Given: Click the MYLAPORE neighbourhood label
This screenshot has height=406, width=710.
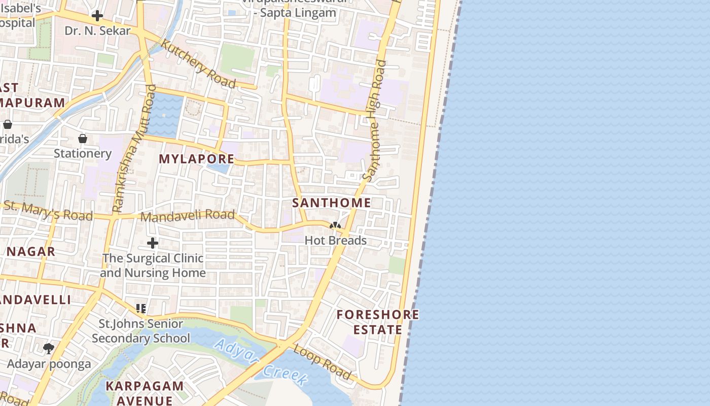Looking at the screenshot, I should click(x=197, y=159).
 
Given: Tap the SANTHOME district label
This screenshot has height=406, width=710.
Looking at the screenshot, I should click(x=332, y=203).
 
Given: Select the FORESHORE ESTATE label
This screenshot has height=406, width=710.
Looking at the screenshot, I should click(x=378, y=322).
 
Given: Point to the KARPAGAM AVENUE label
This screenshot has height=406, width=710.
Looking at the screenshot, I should click(x=145, y=393).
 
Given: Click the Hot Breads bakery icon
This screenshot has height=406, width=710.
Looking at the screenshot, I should click(x=335, y=225).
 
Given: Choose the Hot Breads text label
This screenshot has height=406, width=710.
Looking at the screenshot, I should click(x=335, y=241).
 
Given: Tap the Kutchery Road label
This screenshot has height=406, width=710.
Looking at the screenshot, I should click(x=198, y=63).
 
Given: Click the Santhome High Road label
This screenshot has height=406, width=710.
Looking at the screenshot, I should click(x=375, y=121).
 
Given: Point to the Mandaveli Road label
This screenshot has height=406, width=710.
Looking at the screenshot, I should click(x=188, y=216).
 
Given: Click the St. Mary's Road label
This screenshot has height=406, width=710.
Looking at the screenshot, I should click(x=48, y=211).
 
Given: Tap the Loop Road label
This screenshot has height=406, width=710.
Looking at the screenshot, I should click(x=322, y=362).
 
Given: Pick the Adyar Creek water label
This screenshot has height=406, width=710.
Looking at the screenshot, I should click(x=261, y=361).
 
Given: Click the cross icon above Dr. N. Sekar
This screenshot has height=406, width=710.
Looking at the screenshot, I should click(x=97, y=16).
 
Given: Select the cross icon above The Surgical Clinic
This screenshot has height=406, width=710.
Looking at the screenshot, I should click(x=152, y=244).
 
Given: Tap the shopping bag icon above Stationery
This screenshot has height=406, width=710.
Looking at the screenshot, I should click(x=82, y=139).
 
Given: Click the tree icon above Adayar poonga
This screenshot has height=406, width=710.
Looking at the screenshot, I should click(x=49, y=349).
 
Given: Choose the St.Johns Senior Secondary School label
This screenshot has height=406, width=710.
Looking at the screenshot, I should click(x=141, y=331).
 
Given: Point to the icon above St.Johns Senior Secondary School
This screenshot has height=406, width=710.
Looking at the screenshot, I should click(x=141, y=308).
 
